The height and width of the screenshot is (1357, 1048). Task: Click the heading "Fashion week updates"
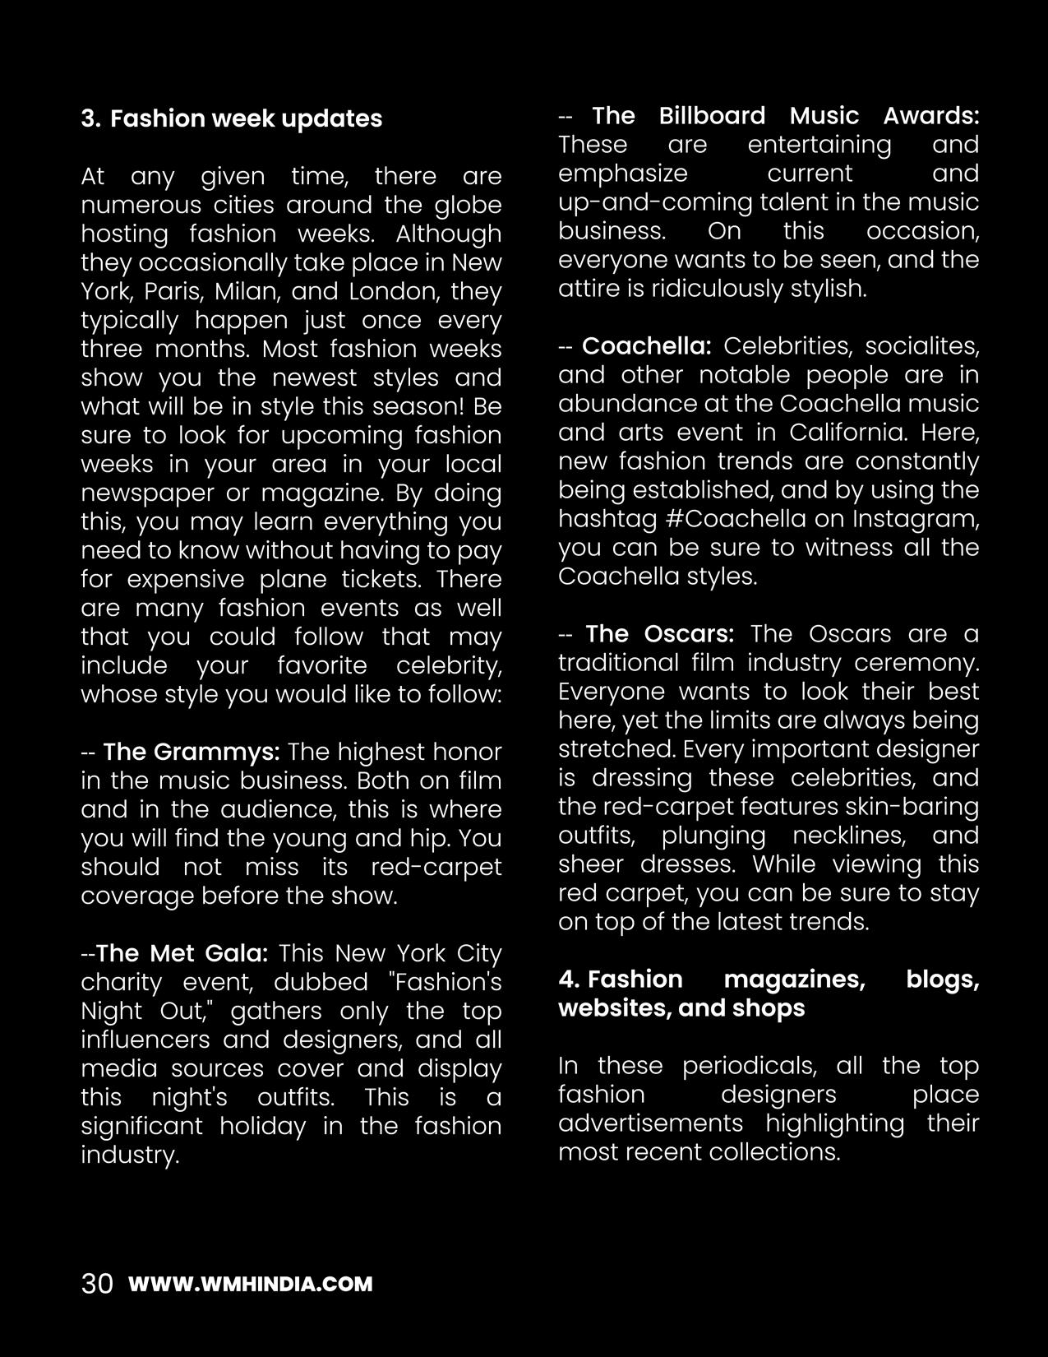246,118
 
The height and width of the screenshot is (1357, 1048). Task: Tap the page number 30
97,1284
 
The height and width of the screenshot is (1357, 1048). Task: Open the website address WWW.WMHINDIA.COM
251,1284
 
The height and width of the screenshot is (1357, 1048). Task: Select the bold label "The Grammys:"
192,752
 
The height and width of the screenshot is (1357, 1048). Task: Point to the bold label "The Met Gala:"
182,953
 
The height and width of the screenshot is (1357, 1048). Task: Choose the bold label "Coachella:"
647,345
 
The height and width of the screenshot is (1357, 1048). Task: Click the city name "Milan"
244,291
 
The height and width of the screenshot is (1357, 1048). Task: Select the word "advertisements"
650,1123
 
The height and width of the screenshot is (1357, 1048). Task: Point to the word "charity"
120,982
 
